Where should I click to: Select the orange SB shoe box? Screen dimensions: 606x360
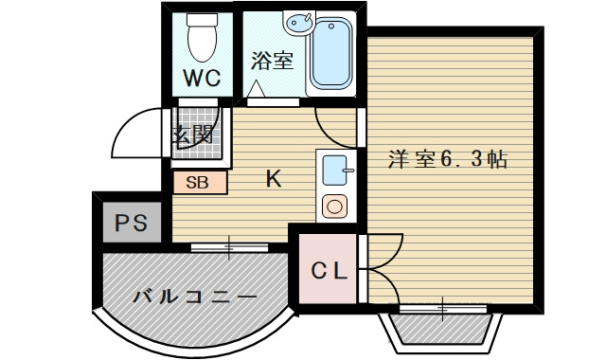[199, 183]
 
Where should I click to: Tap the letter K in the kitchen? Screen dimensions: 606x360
[272, 178]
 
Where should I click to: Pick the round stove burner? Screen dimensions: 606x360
[335, 205]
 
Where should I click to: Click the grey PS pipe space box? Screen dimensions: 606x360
[131, 224]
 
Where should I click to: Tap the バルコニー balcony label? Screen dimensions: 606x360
[194, 297]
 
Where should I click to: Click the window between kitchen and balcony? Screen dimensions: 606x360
[229, 248]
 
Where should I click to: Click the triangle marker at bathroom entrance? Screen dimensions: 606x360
[257, 90]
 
